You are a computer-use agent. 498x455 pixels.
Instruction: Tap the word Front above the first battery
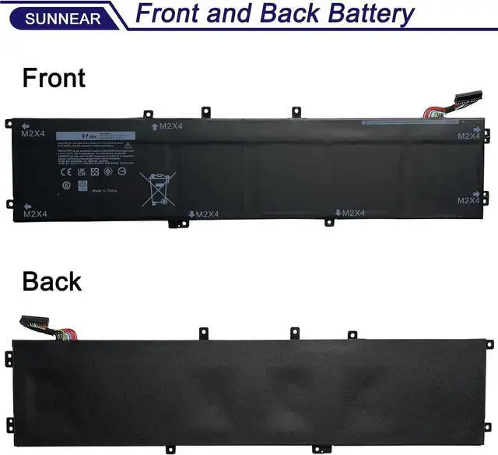pos(54,78)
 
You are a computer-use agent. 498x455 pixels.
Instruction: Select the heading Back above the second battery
pos(51,281)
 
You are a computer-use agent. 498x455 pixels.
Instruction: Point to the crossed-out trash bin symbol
pos(158,187)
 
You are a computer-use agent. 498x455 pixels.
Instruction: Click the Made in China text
pos(107,191)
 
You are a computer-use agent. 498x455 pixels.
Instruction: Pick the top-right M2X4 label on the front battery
pos(469,135)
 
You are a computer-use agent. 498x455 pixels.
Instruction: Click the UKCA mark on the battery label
pos(81,171)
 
